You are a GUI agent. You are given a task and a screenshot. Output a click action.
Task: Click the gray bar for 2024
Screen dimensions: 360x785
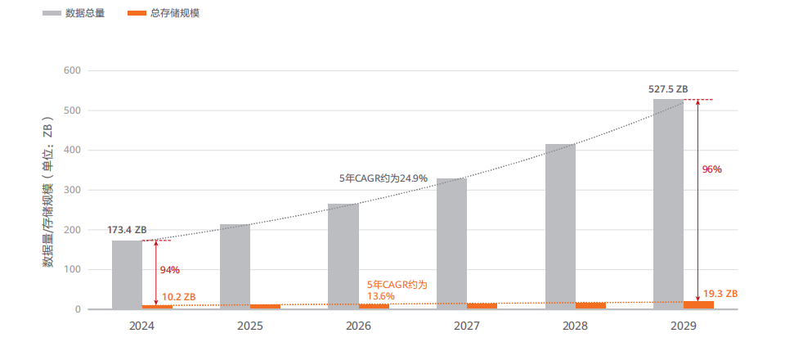pos(127,274)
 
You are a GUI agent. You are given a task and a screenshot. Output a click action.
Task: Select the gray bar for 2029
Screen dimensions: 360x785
pos(667,205)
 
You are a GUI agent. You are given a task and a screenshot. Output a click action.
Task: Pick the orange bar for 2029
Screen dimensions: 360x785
pos(698,304)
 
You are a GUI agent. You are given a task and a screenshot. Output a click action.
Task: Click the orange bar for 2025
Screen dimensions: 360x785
pos(265,307)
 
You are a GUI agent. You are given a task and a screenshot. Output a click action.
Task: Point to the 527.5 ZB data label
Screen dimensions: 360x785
pos(668,89)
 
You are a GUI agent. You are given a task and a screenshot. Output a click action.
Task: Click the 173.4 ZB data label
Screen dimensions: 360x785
pos(128,230)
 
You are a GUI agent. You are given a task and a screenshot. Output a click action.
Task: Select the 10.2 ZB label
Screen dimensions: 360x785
pos(179,296)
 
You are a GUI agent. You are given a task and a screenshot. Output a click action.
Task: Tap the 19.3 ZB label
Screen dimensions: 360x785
pos(720,293)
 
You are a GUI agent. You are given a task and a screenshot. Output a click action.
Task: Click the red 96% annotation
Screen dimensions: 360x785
pos(711,169)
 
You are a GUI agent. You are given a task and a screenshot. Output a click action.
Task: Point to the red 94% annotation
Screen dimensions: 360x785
pos(169,270)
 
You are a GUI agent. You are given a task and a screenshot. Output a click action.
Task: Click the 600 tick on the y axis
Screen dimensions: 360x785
pos(71,70)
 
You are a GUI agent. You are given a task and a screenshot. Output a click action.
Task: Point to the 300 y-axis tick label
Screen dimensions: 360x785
pos(71,190)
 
